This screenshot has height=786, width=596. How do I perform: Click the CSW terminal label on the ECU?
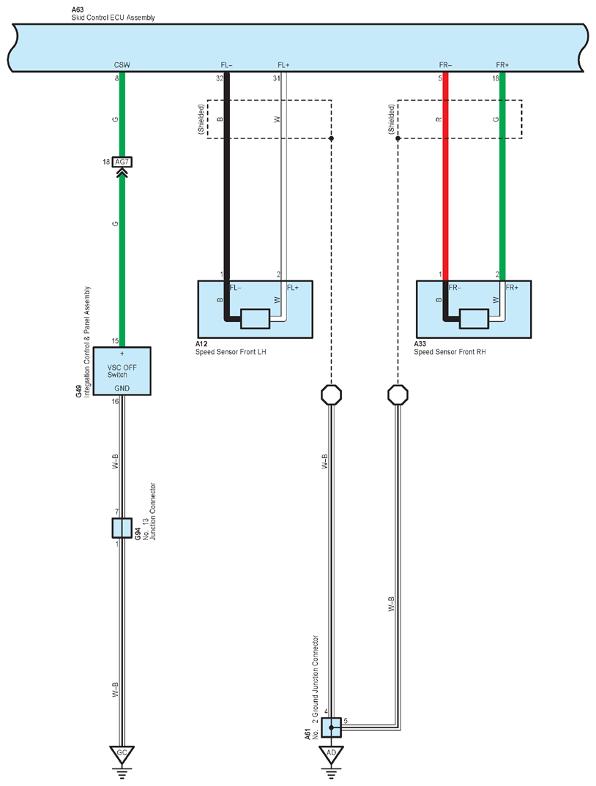[122, 65]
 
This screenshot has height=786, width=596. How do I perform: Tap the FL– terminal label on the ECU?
[227, 65]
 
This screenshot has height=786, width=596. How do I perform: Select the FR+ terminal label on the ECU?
[502, 65]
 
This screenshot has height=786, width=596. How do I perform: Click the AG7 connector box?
[122, 162]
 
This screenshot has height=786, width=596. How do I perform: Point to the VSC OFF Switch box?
[122, 371]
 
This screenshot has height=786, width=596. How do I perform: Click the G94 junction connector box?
[122, 528]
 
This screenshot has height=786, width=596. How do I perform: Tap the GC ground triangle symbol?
[122, 755]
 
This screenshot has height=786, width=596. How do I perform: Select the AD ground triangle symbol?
[331, 755]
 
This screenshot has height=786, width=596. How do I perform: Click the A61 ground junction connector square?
[331, 727]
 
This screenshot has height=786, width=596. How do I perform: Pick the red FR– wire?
[445, 176]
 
